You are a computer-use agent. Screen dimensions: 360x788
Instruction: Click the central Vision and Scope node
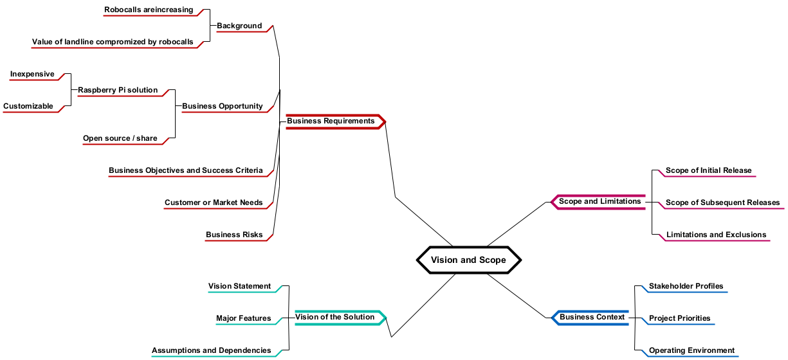coord(468,260)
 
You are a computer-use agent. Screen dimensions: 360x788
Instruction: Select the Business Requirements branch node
coord(331,121)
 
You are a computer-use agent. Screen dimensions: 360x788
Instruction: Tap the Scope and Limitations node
coord(600,202)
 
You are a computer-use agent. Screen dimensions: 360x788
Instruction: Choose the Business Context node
coord(592,317)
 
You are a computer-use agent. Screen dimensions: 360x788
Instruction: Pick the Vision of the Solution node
coord(334,317)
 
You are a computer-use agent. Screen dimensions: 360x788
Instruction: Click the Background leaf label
coord(239,26)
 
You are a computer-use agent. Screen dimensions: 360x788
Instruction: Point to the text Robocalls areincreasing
coord(149,10)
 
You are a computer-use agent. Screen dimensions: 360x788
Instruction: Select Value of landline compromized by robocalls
coord(113,42)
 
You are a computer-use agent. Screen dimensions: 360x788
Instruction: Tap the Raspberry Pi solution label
coord(118,91)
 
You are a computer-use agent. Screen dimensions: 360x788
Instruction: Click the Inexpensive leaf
coord(32,75)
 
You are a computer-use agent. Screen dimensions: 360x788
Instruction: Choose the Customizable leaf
coord(28,107)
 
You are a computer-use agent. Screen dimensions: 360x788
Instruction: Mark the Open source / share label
coord(120,139)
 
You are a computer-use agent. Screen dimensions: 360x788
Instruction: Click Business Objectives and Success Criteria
coord(185,171)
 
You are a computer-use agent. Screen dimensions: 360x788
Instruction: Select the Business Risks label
coord(234,235)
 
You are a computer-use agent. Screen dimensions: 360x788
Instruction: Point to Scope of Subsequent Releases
coord(722,203)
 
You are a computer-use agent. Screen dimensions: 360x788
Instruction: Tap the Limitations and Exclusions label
coord(716,235)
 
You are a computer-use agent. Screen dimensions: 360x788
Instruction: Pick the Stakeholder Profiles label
coord(686,287)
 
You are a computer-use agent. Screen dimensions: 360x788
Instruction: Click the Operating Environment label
coord(692,351)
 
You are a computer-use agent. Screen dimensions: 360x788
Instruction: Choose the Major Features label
coord(243,319)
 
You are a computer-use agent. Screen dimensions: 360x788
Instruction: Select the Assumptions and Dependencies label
coord(211,351)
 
